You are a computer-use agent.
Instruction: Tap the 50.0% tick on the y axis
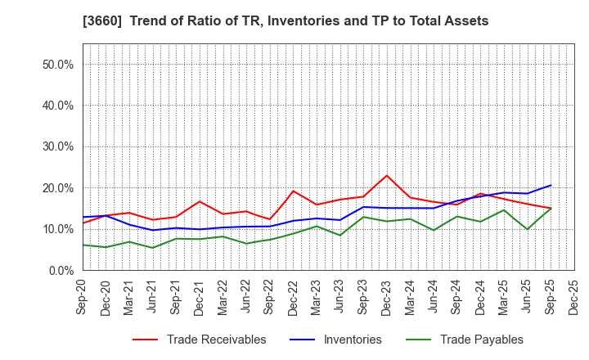pyautogui.click(x=57, y=64)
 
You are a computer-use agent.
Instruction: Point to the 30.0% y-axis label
pyautogui.click(x=57, y=146)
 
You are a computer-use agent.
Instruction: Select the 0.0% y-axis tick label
pyautogui.click(x=61, y=270)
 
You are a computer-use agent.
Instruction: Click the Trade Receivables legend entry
pyautogui.click(x=216, y=340)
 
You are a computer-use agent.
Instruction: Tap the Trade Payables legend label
pyautogui.click(x=481, y=340)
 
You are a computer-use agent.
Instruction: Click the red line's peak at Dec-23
pyautogui.click(x=387, y=175)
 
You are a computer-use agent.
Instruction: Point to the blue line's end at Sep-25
pyautogui.click(x=551, y=185)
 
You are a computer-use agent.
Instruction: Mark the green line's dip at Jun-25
pyautogui.click(x=528, y=229)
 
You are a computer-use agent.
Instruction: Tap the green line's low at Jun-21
pyautogui.click(x=153, y=248)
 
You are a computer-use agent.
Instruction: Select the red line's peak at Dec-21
pyautogui.click(x=200, y=201)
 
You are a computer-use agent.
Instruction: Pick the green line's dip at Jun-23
pyautogui.click(x=340, y=236)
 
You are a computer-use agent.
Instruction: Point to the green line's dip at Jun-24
pyautogui.click(x=434, y=230)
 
